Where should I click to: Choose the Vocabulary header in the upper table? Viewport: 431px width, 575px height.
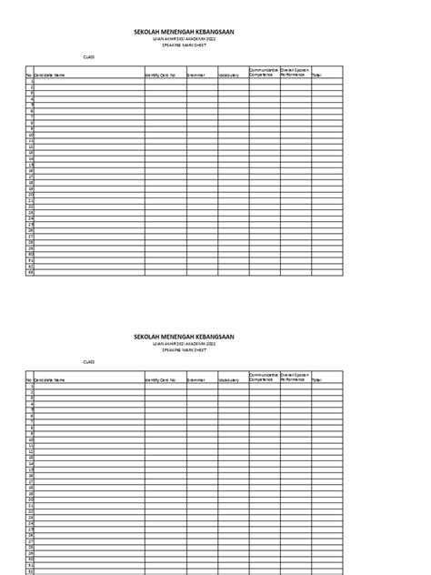(x=230, y=76)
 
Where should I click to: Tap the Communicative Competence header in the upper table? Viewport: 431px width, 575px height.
(x=263, y=72)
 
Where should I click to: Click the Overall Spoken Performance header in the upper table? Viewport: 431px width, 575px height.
(x=296, y=72)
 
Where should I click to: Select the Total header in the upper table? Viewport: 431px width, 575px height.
(x=317, y=76)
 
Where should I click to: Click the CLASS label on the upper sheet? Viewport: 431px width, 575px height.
(x=88, y=56)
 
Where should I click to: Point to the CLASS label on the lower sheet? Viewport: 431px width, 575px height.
(x=88, y=361)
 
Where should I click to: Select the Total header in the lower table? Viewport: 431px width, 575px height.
(x=317, y=381)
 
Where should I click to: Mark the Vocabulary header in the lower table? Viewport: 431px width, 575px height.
(x=230, y=381)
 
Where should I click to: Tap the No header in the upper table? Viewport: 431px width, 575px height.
(x=29, y=76)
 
